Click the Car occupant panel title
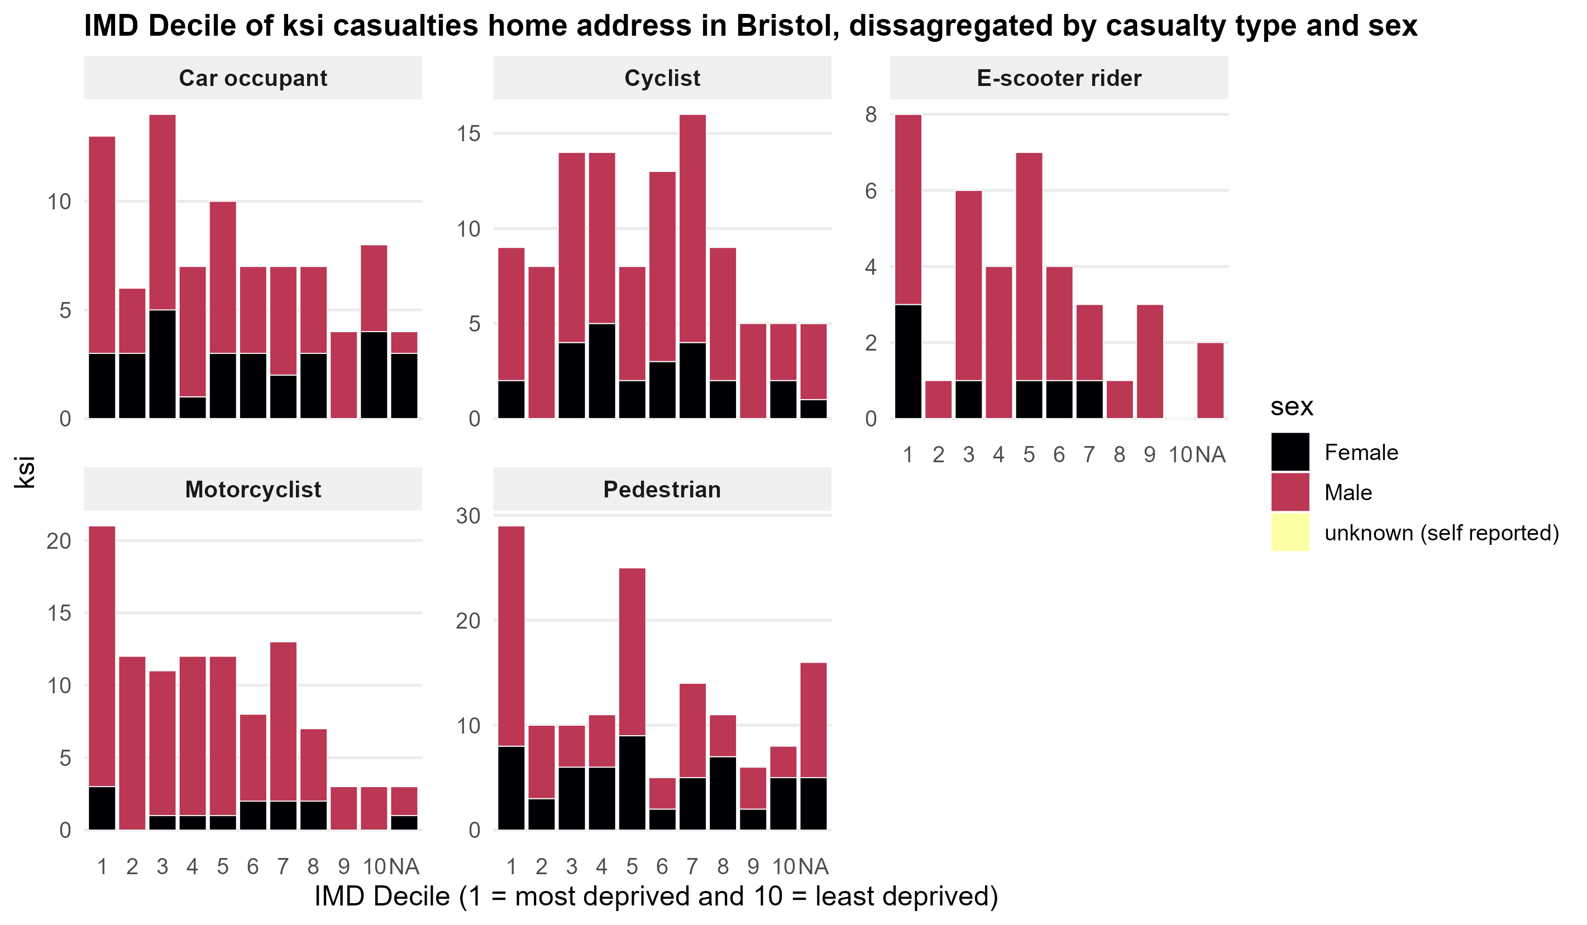coord(252,78)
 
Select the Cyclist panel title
coord(662,78)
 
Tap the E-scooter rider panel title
coord(1059,78)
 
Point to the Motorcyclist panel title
coord(252,489)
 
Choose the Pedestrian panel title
coord(662,489)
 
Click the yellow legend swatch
coord(1290,532)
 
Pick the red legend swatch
coord(1290,492)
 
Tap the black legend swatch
coord(1290,452)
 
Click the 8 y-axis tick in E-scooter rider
coord(871,114)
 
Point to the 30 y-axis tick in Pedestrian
coord(468,516)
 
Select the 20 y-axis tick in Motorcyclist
coord(59,541)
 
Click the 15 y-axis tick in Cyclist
coord(468,133)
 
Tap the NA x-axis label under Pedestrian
coord(813,866)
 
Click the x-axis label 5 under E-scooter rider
coord(1029,454)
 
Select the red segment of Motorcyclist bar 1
coord(102,655)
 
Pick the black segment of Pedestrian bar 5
coord(632,782)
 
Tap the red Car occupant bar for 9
coord(343,375)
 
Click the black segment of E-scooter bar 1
coord(907,361)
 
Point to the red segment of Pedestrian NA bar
coord(813,719)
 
